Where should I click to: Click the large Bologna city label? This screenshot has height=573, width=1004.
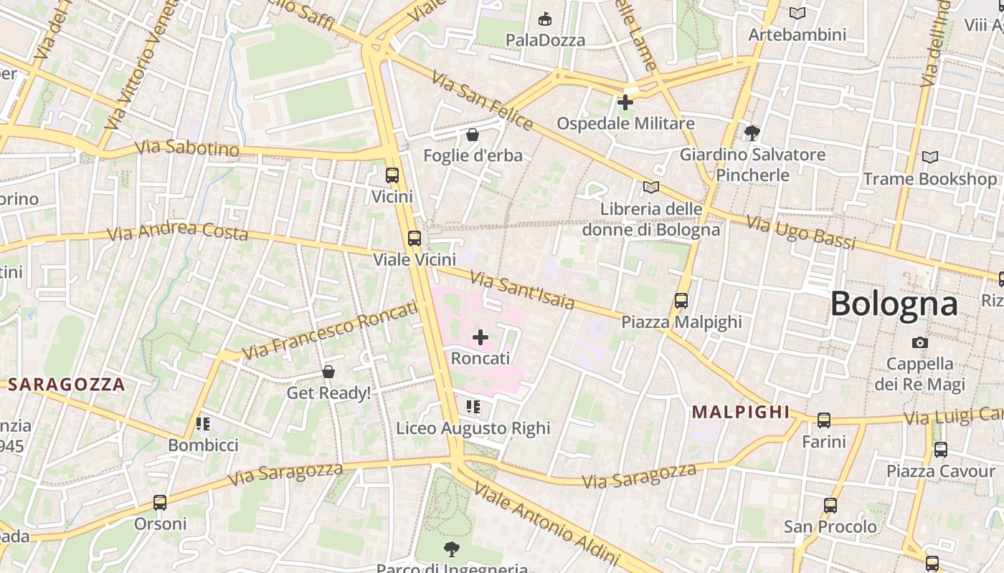click(894, 304)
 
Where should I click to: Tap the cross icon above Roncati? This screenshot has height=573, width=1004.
click(480, 337)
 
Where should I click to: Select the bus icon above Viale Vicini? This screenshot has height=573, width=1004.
click(414, 239)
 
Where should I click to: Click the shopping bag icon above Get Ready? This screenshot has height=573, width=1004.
click(328, 372)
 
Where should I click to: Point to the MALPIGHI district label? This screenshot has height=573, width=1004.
click(740, 412)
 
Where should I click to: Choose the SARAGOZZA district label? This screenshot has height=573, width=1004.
click(67, 385)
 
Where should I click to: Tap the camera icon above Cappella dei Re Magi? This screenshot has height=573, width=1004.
click(919, 343)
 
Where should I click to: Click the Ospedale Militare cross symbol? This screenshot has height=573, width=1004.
click(625, 102)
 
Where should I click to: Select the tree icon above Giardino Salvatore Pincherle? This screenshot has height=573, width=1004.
click(752, 133)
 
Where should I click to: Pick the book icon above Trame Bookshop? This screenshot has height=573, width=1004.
click(929, 157)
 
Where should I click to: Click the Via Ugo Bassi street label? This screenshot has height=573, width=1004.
click(801, 232)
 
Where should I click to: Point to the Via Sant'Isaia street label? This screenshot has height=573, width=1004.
click(521, 289)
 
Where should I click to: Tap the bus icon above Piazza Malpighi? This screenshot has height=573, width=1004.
click(681, 301)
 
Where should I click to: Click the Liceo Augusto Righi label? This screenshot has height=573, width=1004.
click(473, 428)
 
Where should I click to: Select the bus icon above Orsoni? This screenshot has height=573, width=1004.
click(160, 503)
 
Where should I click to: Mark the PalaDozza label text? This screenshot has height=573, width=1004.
click(545, 40)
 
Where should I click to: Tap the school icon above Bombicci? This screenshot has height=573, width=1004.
click(203, 424)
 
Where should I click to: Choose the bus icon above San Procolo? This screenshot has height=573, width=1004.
click(830, 506)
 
